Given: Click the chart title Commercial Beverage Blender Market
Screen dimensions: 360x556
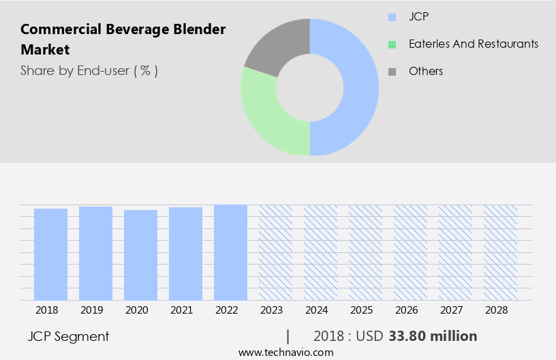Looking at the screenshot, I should point(123,40).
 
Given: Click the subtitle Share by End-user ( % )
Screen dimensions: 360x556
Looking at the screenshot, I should point(89,70).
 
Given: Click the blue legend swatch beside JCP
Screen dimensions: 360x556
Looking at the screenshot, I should point(392,16).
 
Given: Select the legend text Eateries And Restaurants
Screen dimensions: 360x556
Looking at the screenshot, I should point(473,44).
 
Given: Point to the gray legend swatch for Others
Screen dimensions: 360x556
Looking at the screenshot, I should point(392,71).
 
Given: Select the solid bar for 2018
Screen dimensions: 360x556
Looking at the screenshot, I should point(51,254).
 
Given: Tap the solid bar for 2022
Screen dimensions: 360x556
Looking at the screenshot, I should point(230,252).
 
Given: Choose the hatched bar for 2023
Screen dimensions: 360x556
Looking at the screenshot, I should point(275,252).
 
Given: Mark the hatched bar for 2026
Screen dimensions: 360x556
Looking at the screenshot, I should point(410,252).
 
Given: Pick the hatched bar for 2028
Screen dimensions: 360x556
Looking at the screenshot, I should point(500,252).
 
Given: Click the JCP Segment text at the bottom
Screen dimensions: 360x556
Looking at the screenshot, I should point(68,336).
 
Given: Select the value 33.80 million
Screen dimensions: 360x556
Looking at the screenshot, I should point(433,336).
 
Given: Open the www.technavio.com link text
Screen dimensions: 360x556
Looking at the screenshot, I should point(286,352).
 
